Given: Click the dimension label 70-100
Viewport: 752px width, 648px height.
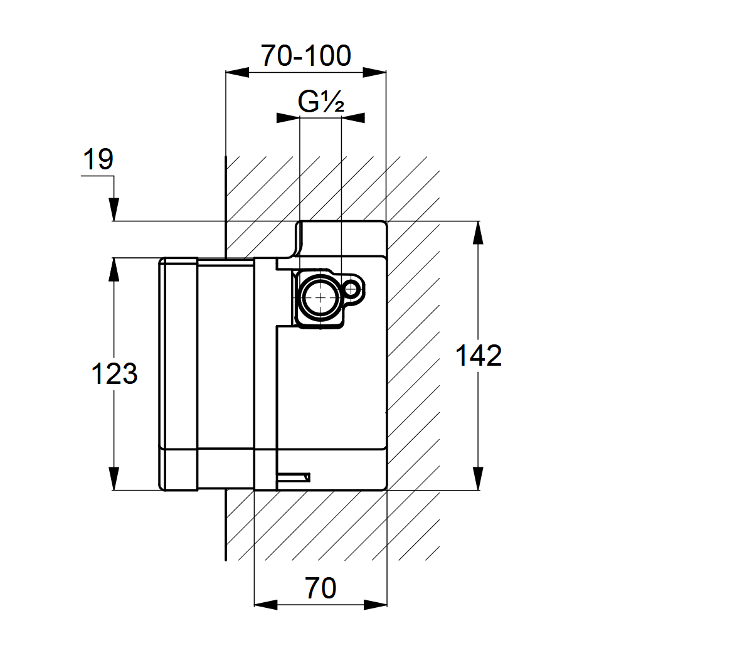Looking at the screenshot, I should (x=305, y=56).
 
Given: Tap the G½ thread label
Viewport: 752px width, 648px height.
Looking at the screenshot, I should (x=320, y=102).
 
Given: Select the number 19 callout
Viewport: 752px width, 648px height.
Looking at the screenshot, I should (x=98, y=159).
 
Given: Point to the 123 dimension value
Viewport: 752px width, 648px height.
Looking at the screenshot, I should (x=114, y=374).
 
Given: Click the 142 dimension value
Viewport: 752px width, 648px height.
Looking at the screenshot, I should (x=478, y=356).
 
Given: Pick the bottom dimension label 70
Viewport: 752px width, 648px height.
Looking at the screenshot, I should (x=320, y=588).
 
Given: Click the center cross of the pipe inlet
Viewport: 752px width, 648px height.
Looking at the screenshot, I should (x=320, y=297).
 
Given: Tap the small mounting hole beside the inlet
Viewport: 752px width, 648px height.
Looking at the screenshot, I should (x=352, y=290).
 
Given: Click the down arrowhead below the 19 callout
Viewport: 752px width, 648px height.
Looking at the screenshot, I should (x=114, y=210).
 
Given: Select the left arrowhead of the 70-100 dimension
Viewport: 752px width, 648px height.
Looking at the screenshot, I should (x=237, y=72).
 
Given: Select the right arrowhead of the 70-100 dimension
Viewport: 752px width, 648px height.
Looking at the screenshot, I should (x=374, y=72).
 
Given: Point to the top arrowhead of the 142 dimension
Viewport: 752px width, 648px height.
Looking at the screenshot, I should (x=479, y=233).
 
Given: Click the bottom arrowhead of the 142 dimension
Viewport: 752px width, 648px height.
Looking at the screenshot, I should (x=479, y=479).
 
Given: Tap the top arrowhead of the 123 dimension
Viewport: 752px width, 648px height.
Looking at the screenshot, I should (x=114, y=269).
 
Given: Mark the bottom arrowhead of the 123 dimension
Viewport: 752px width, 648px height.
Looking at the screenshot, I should (x=114, y=479).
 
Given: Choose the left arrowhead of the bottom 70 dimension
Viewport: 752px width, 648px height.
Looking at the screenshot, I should (x=265, y=605).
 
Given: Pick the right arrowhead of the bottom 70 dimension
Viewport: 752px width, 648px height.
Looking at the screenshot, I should (x=376, y=605).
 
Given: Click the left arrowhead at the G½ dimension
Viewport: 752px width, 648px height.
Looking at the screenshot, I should (x=288, y=117).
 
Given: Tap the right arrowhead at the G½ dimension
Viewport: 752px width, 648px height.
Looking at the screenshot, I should (x=353, y=117).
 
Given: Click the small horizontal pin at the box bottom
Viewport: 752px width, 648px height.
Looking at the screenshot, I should (x=294, y=477).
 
